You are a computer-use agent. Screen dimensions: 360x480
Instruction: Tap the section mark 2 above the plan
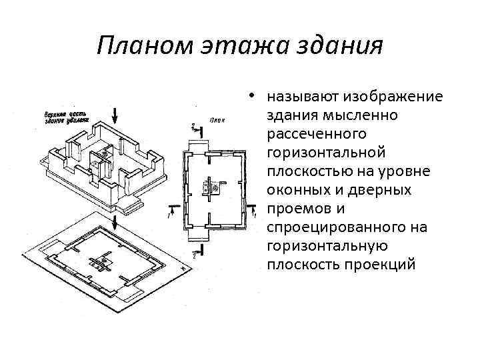tap(193, 125)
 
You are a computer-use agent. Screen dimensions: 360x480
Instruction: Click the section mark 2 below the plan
tap(193, 253)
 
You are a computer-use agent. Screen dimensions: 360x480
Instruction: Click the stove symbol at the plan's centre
tap(213, 187)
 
